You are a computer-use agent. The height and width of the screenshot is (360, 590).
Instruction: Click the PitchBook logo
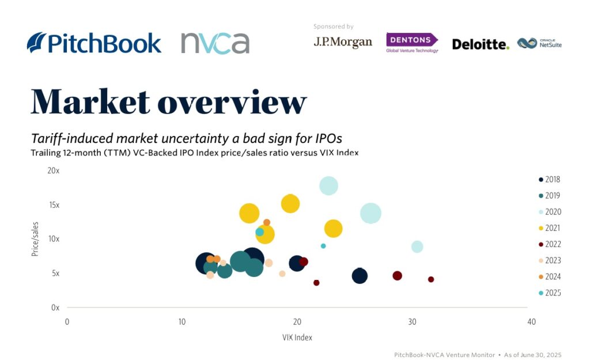(94, 43)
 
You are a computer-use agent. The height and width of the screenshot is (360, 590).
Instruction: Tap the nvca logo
(215, 43)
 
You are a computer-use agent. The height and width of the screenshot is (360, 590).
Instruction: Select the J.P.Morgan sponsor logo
(343, 42)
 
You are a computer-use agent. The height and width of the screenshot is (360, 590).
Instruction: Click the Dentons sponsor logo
(412, 43)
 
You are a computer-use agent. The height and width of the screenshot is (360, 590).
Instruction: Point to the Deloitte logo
(481, 44)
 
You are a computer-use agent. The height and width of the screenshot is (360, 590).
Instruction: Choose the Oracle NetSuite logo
(539, 43)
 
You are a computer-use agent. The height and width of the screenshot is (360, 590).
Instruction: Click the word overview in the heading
(232, 102)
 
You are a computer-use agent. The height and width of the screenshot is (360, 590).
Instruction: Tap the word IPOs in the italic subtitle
(329, 138)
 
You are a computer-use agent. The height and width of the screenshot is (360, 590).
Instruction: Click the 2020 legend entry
(550, 212)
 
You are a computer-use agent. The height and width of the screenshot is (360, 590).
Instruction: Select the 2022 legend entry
(550, 244)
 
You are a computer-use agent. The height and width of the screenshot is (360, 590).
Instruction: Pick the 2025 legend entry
(550, 293)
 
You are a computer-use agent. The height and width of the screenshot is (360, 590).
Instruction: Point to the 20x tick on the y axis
(54, 170)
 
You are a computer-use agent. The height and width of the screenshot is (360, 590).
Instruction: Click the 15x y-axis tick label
(54, 205)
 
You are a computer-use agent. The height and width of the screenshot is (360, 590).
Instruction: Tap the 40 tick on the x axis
(531, 321)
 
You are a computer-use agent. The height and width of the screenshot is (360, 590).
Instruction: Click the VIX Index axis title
(297, 338)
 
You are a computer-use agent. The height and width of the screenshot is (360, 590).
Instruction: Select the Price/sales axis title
(35, 239)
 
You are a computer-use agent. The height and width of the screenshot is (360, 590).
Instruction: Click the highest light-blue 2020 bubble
(328, 186)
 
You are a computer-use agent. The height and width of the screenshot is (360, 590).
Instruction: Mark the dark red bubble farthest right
(431, 279)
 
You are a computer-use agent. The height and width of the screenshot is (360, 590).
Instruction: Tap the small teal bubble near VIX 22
(323, 246)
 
